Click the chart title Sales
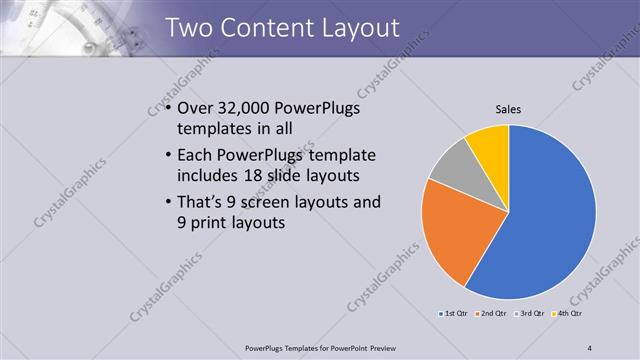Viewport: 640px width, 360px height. point(509,109)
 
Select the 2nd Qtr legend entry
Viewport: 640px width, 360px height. point(491,314)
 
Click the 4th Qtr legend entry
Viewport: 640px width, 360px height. point(569,314)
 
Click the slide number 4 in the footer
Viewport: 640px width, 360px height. point(590,348)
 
